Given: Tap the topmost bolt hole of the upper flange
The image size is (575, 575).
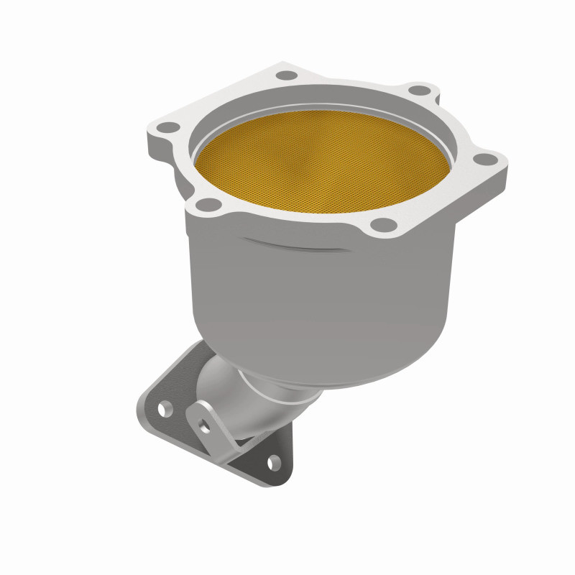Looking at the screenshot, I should point(286,74).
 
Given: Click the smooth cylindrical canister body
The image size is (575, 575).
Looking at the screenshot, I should point(323,302).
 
